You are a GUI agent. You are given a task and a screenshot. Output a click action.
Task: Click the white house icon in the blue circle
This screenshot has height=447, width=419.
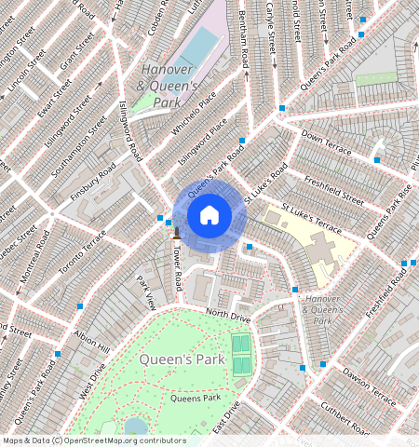coord(209,215)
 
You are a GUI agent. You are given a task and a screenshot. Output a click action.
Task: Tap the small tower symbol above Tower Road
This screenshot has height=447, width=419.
coord(174,231)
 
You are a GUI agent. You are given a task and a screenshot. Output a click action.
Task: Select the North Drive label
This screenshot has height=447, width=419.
coord(228,317)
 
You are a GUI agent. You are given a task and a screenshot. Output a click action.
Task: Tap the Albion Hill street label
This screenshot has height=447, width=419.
coord(91,347)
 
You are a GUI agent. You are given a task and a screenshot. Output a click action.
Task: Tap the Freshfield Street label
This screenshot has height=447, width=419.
coord(332,190)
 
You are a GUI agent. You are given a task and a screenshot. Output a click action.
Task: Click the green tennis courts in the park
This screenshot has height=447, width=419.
coord(241,355)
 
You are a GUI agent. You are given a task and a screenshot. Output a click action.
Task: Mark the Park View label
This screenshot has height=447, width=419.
coord(145,292)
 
